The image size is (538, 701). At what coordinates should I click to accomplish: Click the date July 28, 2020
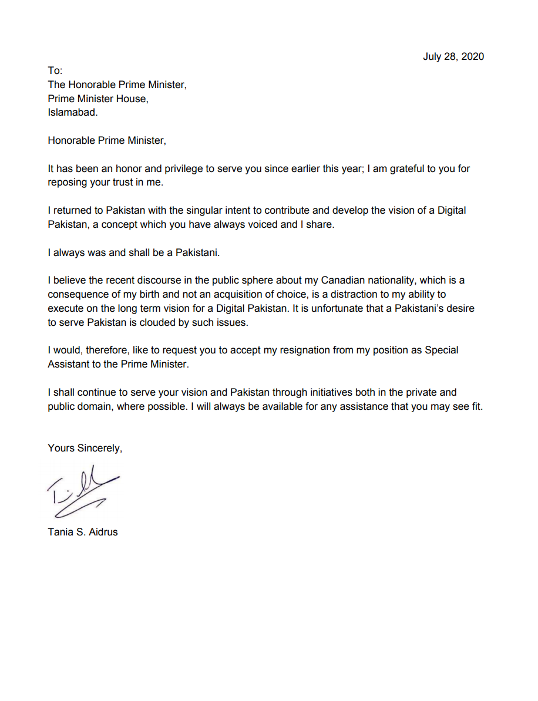453,56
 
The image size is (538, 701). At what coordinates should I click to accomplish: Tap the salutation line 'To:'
55,70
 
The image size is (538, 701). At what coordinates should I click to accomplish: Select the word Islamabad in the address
72,113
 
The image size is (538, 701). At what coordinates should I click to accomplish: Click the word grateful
396,169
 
